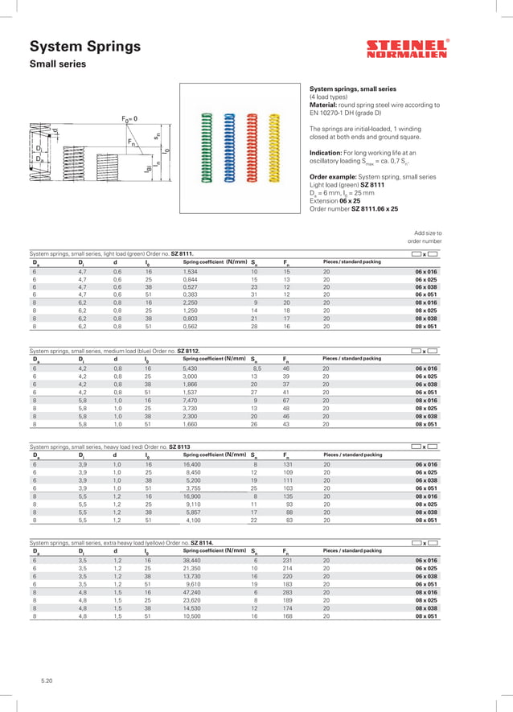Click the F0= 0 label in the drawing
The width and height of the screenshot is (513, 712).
coord(129,118)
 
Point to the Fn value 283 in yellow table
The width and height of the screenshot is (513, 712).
coord(288,591)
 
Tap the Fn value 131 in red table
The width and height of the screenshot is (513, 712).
coord(288,464)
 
